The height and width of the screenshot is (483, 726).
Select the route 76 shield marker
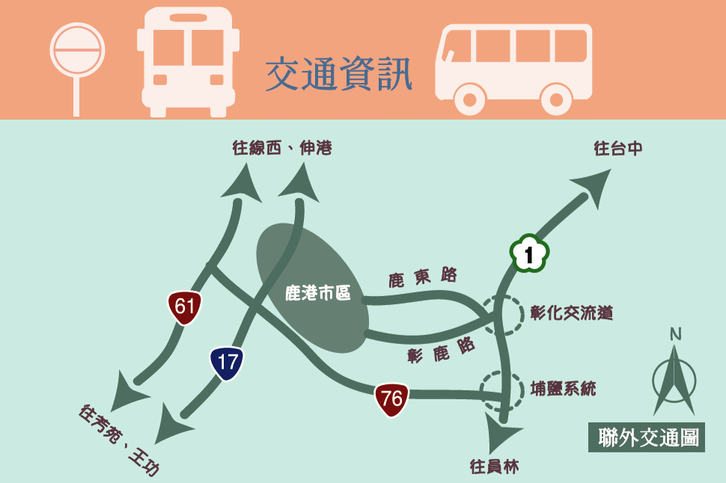[x=391, y=399]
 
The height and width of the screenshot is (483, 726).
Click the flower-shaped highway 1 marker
[x=529, y=254]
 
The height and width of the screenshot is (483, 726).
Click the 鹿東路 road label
[x=423, y=277]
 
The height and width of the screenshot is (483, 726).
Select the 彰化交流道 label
[x=572, y=313]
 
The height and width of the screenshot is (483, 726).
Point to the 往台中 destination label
[x=618, y=149]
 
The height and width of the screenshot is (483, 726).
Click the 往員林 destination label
[x=494, y=467]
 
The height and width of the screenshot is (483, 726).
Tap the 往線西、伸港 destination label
[x=282, y=148]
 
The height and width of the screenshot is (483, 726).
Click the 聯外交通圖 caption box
[x=647, y=437]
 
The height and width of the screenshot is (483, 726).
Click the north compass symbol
[x=674, y=373]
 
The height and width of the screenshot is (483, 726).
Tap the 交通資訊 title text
[x=339, y=75]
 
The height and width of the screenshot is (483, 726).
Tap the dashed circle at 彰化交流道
[x=501, y=315]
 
